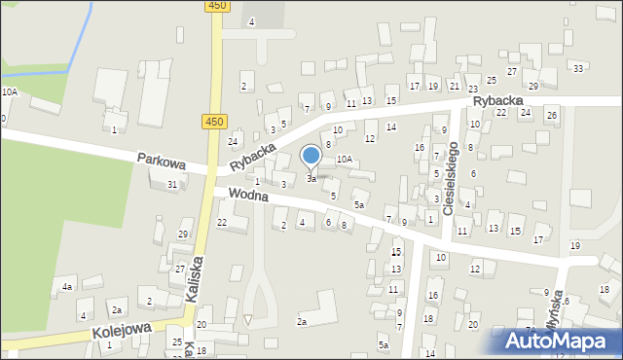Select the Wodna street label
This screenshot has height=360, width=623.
250,196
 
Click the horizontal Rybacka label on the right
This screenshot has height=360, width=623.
498,100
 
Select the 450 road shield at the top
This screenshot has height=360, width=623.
217,6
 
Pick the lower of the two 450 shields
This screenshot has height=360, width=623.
215,122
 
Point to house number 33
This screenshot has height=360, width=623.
578,68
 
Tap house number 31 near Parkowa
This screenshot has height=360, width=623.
172,184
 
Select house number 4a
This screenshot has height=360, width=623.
67,287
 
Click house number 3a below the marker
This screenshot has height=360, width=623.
311,179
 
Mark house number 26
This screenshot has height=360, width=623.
551,115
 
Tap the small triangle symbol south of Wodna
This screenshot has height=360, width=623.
248,319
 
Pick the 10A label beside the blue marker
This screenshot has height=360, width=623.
344,159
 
